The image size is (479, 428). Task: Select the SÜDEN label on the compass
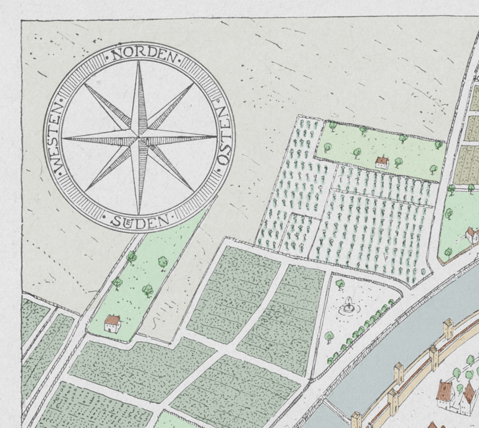click(x=140, y=222)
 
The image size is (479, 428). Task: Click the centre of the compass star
click(x=140, y=138)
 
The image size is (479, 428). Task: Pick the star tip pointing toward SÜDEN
click(x=139, y=214)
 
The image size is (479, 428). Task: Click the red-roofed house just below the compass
click(x=112, y=324)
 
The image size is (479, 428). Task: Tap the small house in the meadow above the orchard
click(x=382, y=162)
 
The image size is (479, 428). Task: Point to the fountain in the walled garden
click(x=348, y=306)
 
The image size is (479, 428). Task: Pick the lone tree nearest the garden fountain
click(x=340, y=283)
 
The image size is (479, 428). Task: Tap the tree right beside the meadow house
click(x=399, y=162)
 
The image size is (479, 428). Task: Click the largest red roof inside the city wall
click(x=445, y=390)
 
